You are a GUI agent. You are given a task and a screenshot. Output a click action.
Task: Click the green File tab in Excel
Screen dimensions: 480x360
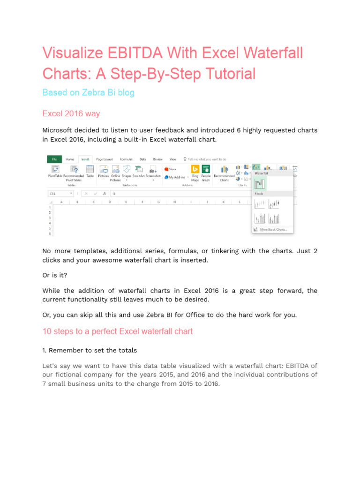coord(54,159)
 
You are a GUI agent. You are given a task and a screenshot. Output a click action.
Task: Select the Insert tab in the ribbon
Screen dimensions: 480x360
coord(85,159)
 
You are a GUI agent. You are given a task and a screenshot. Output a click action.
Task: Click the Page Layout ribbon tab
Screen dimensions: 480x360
coord(104,159)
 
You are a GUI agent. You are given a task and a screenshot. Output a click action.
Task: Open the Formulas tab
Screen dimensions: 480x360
coord(126,159)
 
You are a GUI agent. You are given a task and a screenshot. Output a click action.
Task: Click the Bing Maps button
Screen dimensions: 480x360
coord(195,172)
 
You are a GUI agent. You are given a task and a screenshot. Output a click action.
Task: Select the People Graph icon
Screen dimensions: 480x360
coord(206,172)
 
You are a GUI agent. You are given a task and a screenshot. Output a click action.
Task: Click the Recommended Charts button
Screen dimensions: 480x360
coord(224,172)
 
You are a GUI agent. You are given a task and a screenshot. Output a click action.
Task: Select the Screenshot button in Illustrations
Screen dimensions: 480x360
coord(153,172)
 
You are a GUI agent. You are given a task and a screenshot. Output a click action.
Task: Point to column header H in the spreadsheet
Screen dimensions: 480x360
coord(174,202)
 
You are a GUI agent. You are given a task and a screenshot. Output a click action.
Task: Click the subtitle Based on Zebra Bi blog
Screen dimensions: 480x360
coord(88,93)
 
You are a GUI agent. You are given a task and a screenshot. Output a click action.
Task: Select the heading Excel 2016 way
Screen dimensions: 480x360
coord(71,114)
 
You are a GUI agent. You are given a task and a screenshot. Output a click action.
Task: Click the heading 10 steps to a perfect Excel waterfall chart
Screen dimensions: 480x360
coord(117,331)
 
